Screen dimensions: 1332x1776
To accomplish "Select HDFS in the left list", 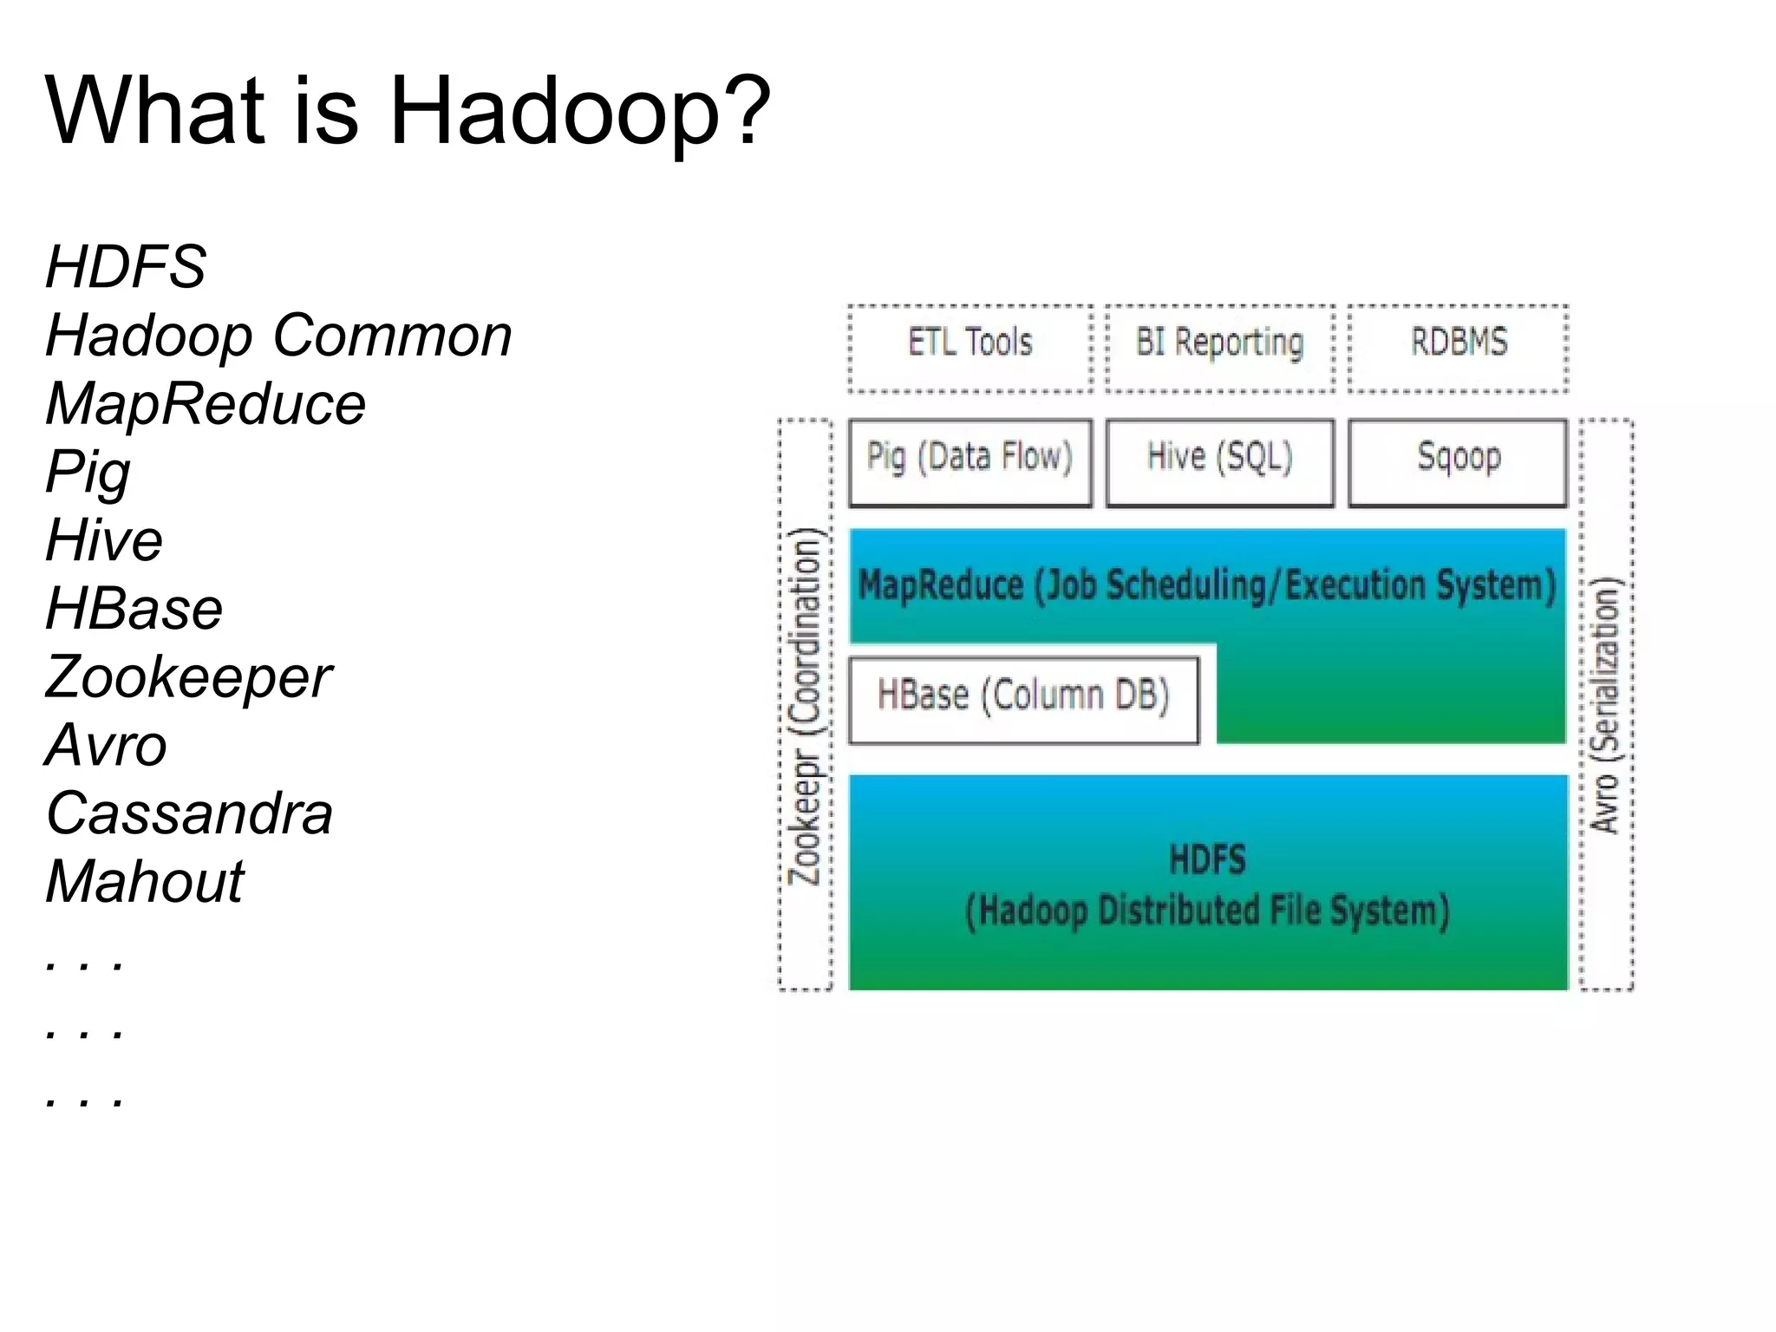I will (x=126, y=266).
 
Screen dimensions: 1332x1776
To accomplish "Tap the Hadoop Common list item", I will (x=278, y=336).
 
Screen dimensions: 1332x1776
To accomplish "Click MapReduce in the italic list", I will (x=206, y=404).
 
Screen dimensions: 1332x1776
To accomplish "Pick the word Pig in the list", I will (x=88, y=473).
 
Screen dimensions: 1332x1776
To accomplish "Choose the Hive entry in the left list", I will (x=104, y=540).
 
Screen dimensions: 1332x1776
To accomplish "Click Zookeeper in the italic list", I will (x=188, y=677).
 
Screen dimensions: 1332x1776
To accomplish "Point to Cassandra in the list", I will (x=189, y=814).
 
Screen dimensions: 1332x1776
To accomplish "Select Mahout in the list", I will (x=145, y=882).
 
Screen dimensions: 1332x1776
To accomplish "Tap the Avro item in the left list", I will (x=106, y=746).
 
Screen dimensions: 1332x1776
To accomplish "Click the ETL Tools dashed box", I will (x=970, y=347).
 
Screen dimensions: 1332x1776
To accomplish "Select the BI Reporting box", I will (x=1219, y=347).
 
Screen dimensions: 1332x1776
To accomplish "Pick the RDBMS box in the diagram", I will (x=1458, y=347).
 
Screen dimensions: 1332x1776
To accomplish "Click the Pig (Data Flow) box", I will (x=970, y=462).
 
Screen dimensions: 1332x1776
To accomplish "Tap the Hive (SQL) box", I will (x=1219, y=462).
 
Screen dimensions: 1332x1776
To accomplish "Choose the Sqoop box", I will (x=1458, y=462).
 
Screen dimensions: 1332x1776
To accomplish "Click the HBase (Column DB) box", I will (x=1023, y=699).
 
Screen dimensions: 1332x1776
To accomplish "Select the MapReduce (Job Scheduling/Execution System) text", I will (x=1207, y=585).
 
